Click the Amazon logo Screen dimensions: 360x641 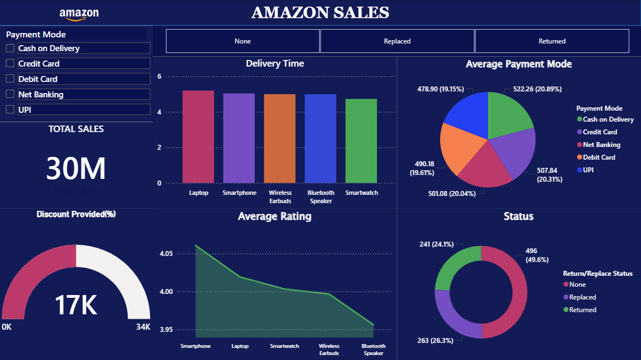coord(79,14)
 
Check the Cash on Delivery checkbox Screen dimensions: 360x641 coord(10,48)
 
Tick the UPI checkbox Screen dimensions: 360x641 coord(10,110)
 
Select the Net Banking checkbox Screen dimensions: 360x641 coord(10,94)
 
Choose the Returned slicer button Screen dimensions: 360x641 coord(552,41)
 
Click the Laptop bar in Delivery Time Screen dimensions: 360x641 coord(198,137)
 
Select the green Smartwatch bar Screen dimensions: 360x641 coord(361,141)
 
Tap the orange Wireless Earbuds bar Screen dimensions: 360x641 coord(280,139)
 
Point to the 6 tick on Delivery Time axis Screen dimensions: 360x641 coord(159,77)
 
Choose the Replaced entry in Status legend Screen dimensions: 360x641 coord(582,297)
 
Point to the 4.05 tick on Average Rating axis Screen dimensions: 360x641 coord(166,254)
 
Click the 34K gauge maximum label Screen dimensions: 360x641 coord(143,327)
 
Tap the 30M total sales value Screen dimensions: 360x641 coord(76,168)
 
